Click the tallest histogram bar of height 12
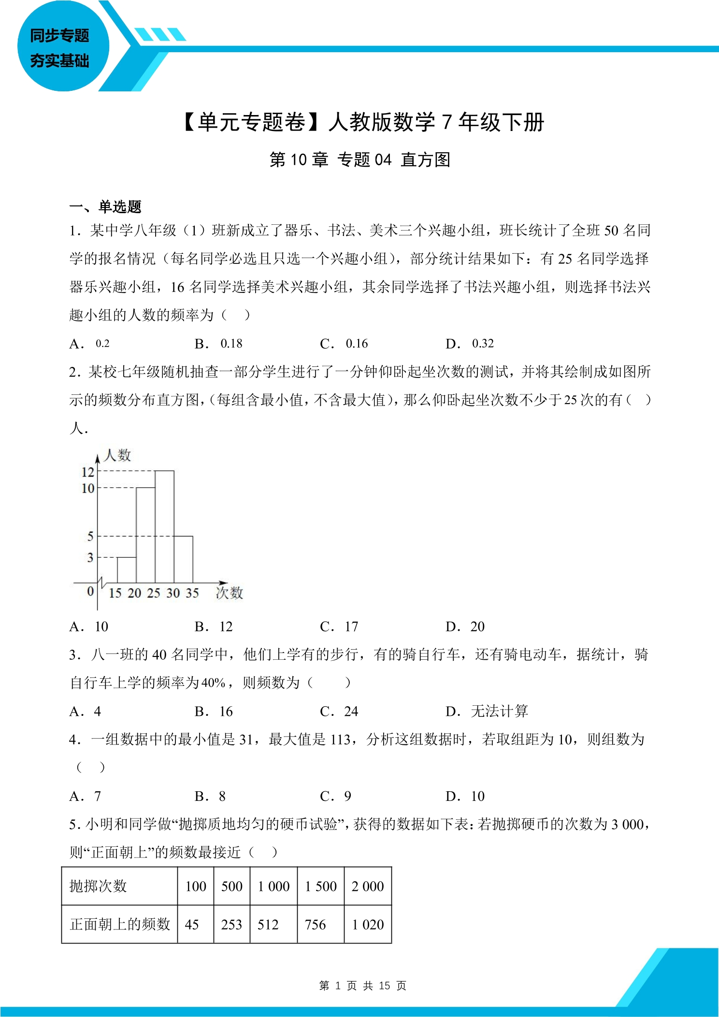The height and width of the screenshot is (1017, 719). [x=164, y=527]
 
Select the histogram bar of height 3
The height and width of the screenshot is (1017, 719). [x=127, y=570]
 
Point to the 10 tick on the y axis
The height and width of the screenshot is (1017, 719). [x=88, y=488]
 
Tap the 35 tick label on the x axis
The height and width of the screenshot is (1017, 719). [x=192, y=593]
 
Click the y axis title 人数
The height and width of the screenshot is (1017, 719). [x=117, y=455]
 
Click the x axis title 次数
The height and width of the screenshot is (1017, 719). [x=229, y=593]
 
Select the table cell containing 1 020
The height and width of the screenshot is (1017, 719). [x=368, y=925]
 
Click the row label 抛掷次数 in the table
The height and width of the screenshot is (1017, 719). [x=98, y=886]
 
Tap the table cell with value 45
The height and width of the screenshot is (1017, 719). [x=192, y=925]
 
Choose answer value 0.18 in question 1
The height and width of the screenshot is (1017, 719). [x=231, y=344]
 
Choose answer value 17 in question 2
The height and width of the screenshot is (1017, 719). [x=351, y=627]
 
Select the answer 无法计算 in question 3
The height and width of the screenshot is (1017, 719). [x=499, y=712]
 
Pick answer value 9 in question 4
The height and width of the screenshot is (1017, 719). [x=347, y=796]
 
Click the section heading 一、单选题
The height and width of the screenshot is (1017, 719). [x=105, y=207]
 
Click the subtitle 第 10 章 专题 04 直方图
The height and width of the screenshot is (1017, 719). [x=359, y=160]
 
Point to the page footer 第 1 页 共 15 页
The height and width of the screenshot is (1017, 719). [x=362, y=986]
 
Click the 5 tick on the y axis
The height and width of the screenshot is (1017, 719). [x=90, y=536]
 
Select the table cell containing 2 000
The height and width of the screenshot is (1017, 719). [x=368, y=886]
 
